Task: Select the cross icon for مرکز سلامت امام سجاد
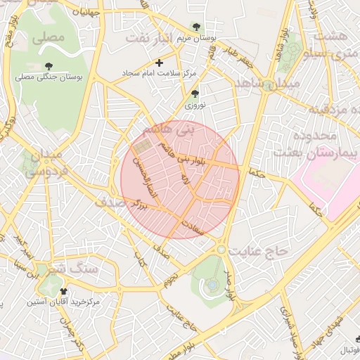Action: tap(160, 63)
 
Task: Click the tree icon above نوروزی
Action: tap(195, 94)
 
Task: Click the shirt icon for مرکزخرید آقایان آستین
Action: tap(64, 291)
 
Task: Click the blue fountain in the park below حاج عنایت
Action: tap(210, 285)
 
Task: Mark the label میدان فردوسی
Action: tap(45, 162)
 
